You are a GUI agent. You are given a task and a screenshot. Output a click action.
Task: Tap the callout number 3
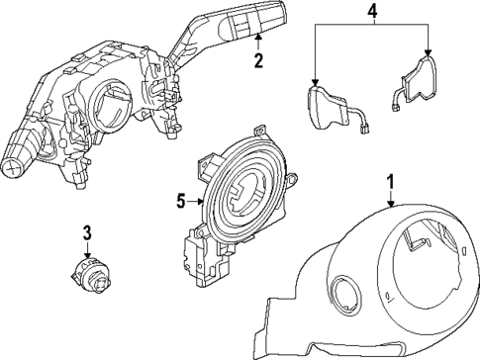(x=87, y=233)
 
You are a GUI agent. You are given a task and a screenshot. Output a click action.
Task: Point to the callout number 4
(x=372, y=12)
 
